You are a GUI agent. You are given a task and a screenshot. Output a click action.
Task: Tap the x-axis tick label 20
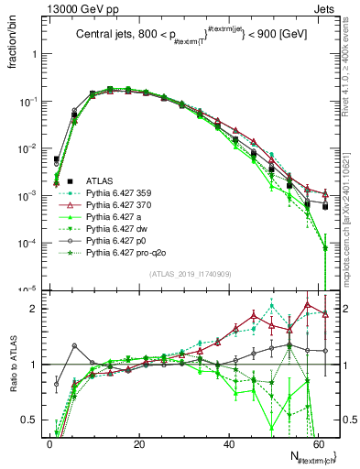pyautogui.click(x=138, y=443)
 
